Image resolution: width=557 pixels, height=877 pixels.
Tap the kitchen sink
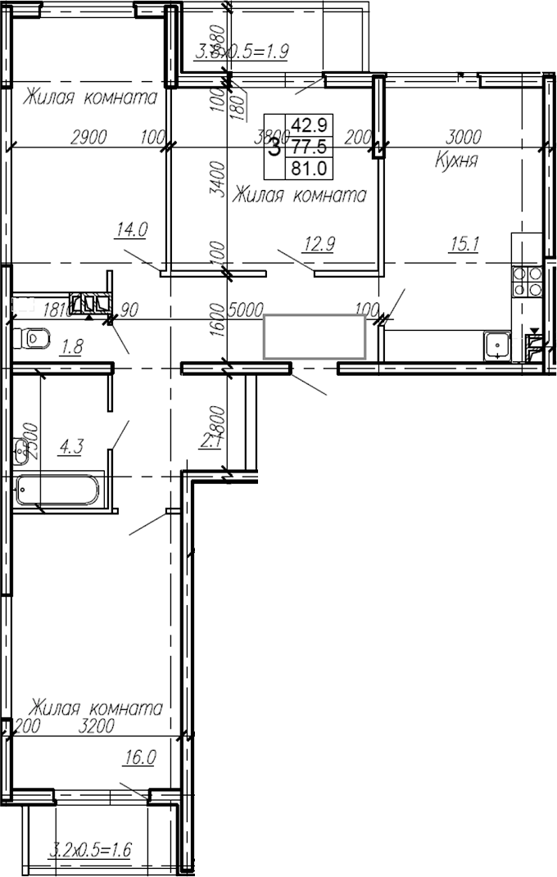[x=496, y=346]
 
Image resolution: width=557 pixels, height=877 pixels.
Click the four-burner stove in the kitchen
[x=527, y=281]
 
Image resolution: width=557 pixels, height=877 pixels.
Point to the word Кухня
[x=456, y=160]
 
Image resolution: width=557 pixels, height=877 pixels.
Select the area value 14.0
[x=131, y=230]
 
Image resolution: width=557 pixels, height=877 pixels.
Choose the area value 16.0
[x=139, y=757]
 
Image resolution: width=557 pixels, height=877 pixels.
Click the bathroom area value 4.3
[x=70, y=447]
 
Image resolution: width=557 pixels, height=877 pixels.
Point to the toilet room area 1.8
[x=72, y=346]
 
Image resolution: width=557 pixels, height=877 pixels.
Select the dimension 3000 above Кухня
[x=463, y=137]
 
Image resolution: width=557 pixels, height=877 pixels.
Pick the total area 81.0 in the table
[x=309, y=170]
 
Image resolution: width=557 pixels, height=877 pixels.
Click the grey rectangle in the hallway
[x=314, y=337]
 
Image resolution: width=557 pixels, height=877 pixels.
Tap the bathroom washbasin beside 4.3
[x=20, y=448]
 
